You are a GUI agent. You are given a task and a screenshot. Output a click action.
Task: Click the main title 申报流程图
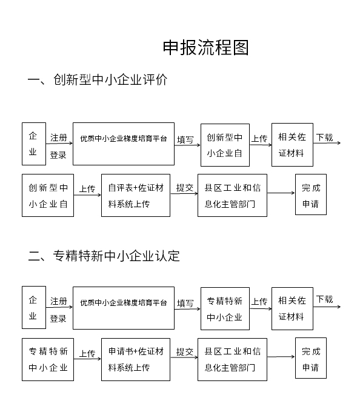click(x=205, y=48)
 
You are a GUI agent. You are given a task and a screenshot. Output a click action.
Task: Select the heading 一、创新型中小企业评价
click(x=98, y=80)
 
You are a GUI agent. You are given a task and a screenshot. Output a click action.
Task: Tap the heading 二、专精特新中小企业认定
click(x=104, y=255)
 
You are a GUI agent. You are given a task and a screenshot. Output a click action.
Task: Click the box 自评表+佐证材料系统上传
click(x=135, y=195)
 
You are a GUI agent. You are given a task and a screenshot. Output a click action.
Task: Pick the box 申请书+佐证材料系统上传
click(x=135, y=359)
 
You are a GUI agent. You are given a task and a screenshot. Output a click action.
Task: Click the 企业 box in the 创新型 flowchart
click(x=33, y=144)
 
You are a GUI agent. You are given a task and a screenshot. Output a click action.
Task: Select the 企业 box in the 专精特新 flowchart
click(x=33, y=308)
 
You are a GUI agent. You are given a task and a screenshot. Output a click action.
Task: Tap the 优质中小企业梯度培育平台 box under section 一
click(x=123, y=144)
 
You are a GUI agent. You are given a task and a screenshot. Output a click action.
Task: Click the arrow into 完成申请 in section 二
click(x=280, y=359)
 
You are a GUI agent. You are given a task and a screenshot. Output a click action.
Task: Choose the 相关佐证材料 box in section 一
click(x=292, y=144)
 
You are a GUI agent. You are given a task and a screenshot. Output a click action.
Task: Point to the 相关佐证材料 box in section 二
click(x=292, y=308)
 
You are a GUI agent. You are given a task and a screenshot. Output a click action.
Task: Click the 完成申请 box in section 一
click(x=310, y=195)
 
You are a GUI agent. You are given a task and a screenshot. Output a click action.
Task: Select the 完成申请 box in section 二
click(x=310, y=359)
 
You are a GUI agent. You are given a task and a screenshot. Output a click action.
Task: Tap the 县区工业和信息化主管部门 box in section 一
click(x=232, y=195)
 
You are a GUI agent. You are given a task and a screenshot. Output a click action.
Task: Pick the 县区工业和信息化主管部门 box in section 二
click(x=232, y=359)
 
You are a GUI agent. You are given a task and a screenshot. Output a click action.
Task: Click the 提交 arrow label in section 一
click(x=184, y=188)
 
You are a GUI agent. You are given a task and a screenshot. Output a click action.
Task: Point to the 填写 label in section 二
click(x=185, y=304)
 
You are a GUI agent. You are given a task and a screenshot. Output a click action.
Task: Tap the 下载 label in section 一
click(x=324, y=138)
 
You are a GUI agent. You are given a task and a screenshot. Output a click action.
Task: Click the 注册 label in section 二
click(x=59, y=301)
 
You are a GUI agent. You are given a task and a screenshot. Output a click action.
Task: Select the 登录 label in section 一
click(x=58, y=155)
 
